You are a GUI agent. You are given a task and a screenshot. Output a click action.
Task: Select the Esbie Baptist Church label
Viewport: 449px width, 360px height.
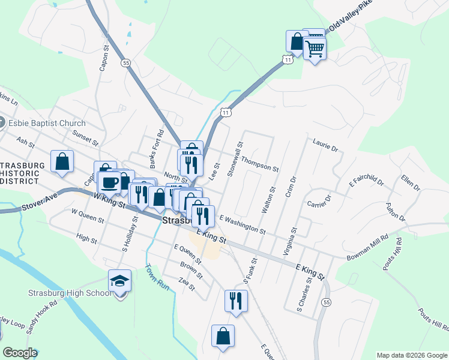click(x=47, y=123)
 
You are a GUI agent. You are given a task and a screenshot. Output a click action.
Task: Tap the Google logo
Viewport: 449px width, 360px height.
click(x=20, y=353)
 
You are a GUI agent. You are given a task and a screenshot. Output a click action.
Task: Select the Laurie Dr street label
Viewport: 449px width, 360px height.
click(x=326, y=145)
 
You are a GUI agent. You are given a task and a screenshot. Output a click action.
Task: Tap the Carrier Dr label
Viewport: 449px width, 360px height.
click(x=319, y=199)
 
